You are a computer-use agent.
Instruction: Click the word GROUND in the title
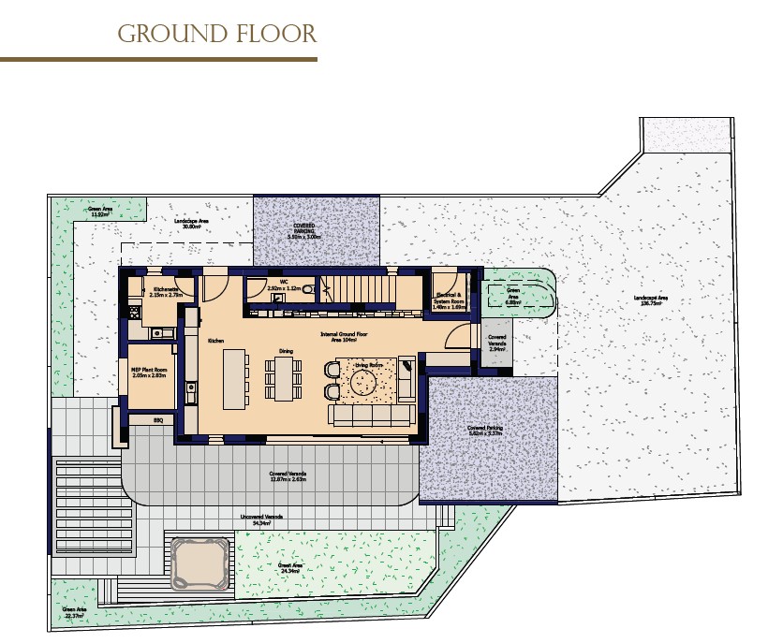pos(161,35)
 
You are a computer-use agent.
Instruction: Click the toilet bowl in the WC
pos(308,290)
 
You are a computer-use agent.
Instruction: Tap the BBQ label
pos(158,421)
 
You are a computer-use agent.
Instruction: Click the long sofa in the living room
pos(372,414)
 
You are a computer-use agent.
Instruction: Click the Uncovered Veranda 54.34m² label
pos(261,519)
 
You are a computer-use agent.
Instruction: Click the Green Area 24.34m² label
pos(288,567)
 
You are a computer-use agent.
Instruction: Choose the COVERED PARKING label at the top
pos(303,231)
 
